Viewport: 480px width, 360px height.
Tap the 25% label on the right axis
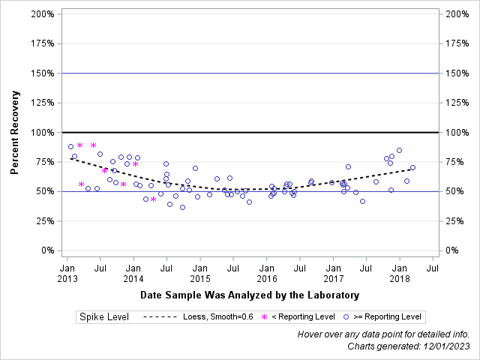click(455, 221)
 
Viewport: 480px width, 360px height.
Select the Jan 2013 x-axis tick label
click(67, 273)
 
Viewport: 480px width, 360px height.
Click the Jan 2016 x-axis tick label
click(266, 273)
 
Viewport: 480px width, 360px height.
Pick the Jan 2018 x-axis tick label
click(400, 273)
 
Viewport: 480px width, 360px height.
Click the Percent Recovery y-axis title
click(15, 132)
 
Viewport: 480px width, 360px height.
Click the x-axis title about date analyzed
click(250, 295)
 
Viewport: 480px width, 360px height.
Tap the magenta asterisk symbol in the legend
click(263, 317)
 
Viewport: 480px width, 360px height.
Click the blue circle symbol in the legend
click(346, 317)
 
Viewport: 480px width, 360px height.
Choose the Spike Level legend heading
click(105, 317)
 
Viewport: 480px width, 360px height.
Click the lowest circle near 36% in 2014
click(182, 207)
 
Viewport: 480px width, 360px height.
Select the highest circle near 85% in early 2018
click(399, 151)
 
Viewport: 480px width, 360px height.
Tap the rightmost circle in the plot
click(412, 167)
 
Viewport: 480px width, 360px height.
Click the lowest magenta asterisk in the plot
click(154, 199)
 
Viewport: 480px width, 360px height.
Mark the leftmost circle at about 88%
click(70, 146)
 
